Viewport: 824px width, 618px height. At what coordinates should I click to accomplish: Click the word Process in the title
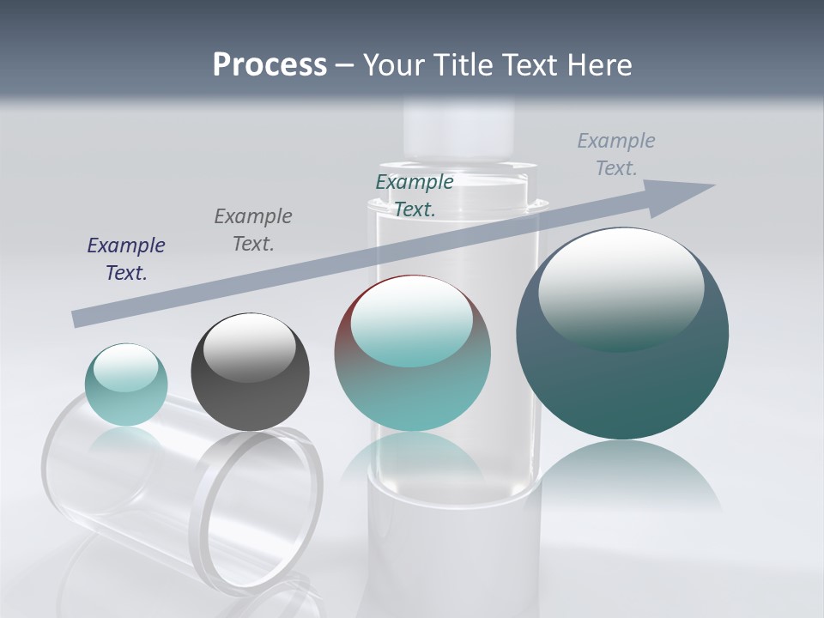[x=270, y=65]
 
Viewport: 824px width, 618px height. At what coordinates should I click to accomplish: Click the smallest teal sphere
[x=126, y=399]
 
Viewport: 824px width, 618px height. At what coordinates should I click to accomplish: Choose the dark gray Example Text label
[x=253, y=230]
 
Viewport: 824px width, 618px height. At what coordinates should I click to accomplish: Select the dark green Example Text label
[x=415, y=195]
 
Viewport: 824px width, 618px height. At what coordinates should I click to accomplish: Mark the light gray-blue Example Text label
[x=616, y=154]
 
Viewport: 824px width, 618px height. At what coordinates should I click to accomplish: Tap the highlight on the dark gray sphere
[x=250, y=348]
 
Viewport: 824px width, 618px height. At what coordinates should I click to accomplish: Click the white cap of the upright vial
[x=459, y=129]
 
